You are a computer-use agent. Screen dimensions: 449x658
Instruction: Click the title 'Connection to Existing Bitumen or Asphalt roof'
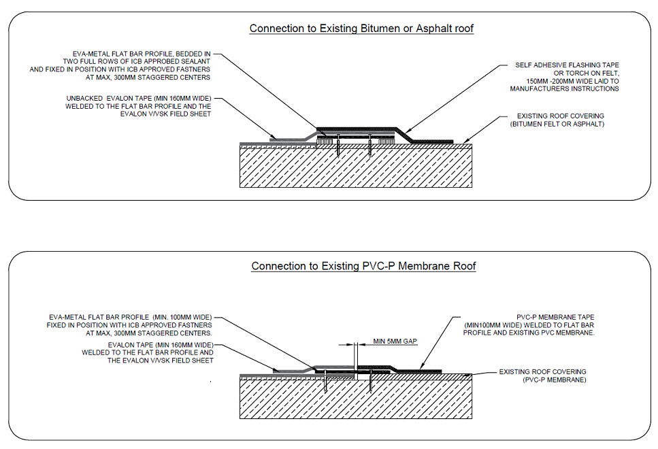tap(361, 29)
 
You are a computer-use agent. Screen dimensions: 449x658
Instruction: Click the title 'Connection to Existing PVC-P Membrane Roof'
tap(363, 266)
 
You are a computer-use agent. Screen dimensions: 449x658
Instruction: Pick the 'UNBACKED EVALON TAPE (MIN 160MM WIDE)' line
tap(139, 98)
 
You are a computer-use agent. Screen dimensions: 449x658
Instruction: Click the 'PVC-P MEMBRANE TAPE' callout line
tap(557, 317)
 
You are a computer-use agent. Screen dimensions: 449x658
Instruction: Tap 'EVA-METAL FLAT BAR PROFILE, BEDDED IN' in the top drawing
tap(142, 53)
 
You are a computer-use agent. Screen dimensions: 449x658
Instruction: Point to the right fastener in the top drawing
tap(369, 146)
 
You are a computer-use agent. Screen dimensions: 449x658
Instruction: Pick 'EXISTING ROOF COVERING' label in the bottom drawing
tap(542, 371)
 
